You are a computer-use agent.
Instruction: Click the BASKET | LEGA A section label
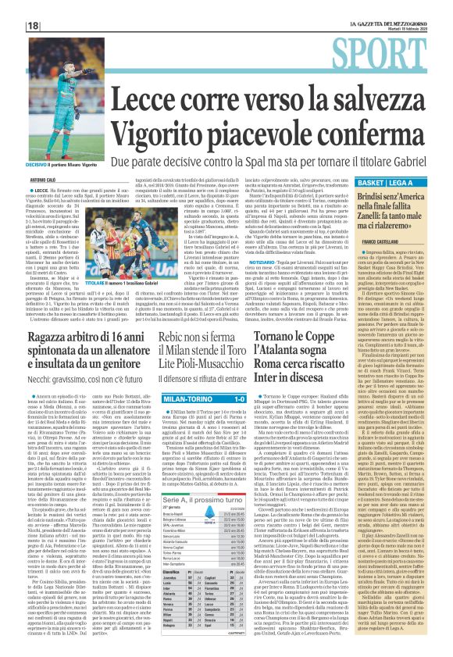[390, 182]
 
